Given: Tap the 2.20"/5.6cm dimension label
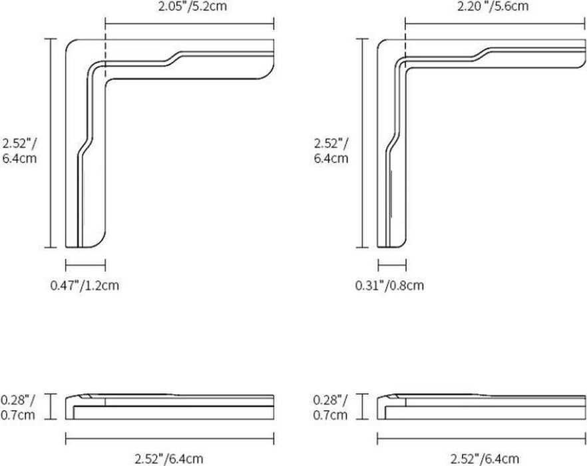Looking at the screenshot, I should click(492, 7).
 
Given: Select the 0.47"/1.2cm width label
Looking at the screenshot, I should click(85, 286).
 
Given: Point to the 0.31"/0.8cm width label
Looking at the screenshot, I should click(389, 286).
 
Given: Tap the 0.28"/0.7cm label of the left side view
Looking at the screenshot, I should click(17, 407).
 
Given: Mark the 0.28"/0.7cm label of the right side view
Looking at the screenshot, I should click(330, 407).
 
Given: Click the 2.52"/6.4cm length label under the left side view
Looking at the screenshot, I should click(169, 458).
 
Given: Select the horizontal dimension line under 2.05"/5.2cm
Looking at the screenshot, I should click(190, 25).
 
